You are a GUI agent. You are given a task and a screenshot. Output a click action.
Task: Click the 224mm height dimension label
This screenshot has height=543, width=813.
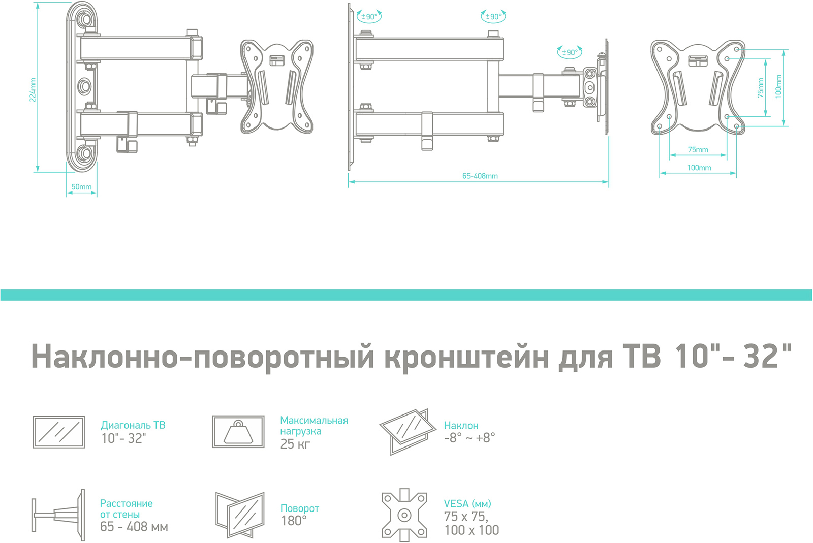tap(33, 90)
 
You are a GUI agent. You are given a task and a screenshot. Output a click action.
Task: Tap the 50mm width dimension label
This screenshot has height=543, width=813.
tap(81, 187)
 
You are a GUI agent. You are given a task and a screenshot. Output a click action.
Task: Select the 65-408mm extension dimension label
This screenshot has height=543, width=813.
tap(480, 176)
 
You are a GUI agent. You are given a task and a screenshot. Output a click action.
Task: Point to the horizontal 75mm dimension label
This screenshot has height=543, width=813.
tap(698, 150)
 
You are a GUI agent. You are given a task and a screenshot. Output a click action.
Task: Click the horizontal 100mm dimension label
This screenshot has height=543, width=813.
tap(699, 168)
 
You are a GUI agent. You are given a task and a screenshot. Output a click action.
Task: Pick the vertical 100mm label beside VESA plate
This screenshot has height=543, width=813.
tap(778, 86)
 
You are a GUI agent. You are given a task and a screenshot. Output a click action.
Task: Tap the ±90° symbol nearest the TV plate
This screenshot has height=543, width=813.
tap(570, 52)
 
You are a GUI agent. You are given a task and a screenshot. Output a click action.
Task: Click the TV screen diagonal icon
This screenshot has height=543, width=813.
tap(58, 432)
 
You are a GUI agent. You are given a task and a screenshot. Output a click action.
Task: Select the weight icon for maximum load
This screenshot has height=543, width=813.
tap(238, 432)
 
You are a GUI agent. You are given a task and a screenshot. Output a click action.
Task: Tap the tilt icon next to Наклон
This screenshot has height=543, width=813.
tap(408, 431)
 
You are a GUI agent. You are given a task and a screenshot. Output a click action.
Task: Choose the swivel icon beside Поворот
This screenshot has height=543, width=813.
tap(240, 514)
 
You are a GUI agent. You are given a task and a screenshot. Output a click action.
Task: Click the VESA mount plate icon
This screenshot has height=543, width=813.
tap(404, 515)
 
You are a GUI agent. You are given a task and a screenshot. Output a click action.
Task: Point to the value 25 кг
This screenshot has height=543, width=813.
tap(295, 444)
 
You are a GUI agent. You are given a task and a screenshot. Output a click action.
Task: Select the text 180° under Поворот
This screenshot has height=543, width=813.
tap(294, 521)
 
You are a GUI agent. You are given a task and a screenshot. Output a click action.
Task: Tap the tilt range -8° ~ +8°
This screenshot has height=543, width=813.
tap(469, 438)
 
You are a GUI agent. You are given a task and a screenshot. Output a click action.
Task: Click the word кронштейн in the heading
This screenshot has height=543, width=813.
tap(466, 357)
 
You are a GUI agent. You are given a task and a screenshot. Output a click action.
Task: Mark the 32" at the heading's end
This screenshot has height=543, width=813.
tap(767, 356)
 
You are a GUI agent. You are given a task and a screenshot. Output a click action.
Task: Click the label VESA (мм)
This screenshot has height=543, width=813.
tap(467, 504)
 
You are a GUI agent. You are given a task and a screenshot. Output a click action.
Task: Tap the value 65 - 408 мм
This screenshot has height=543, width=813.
tap(134, 527)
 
